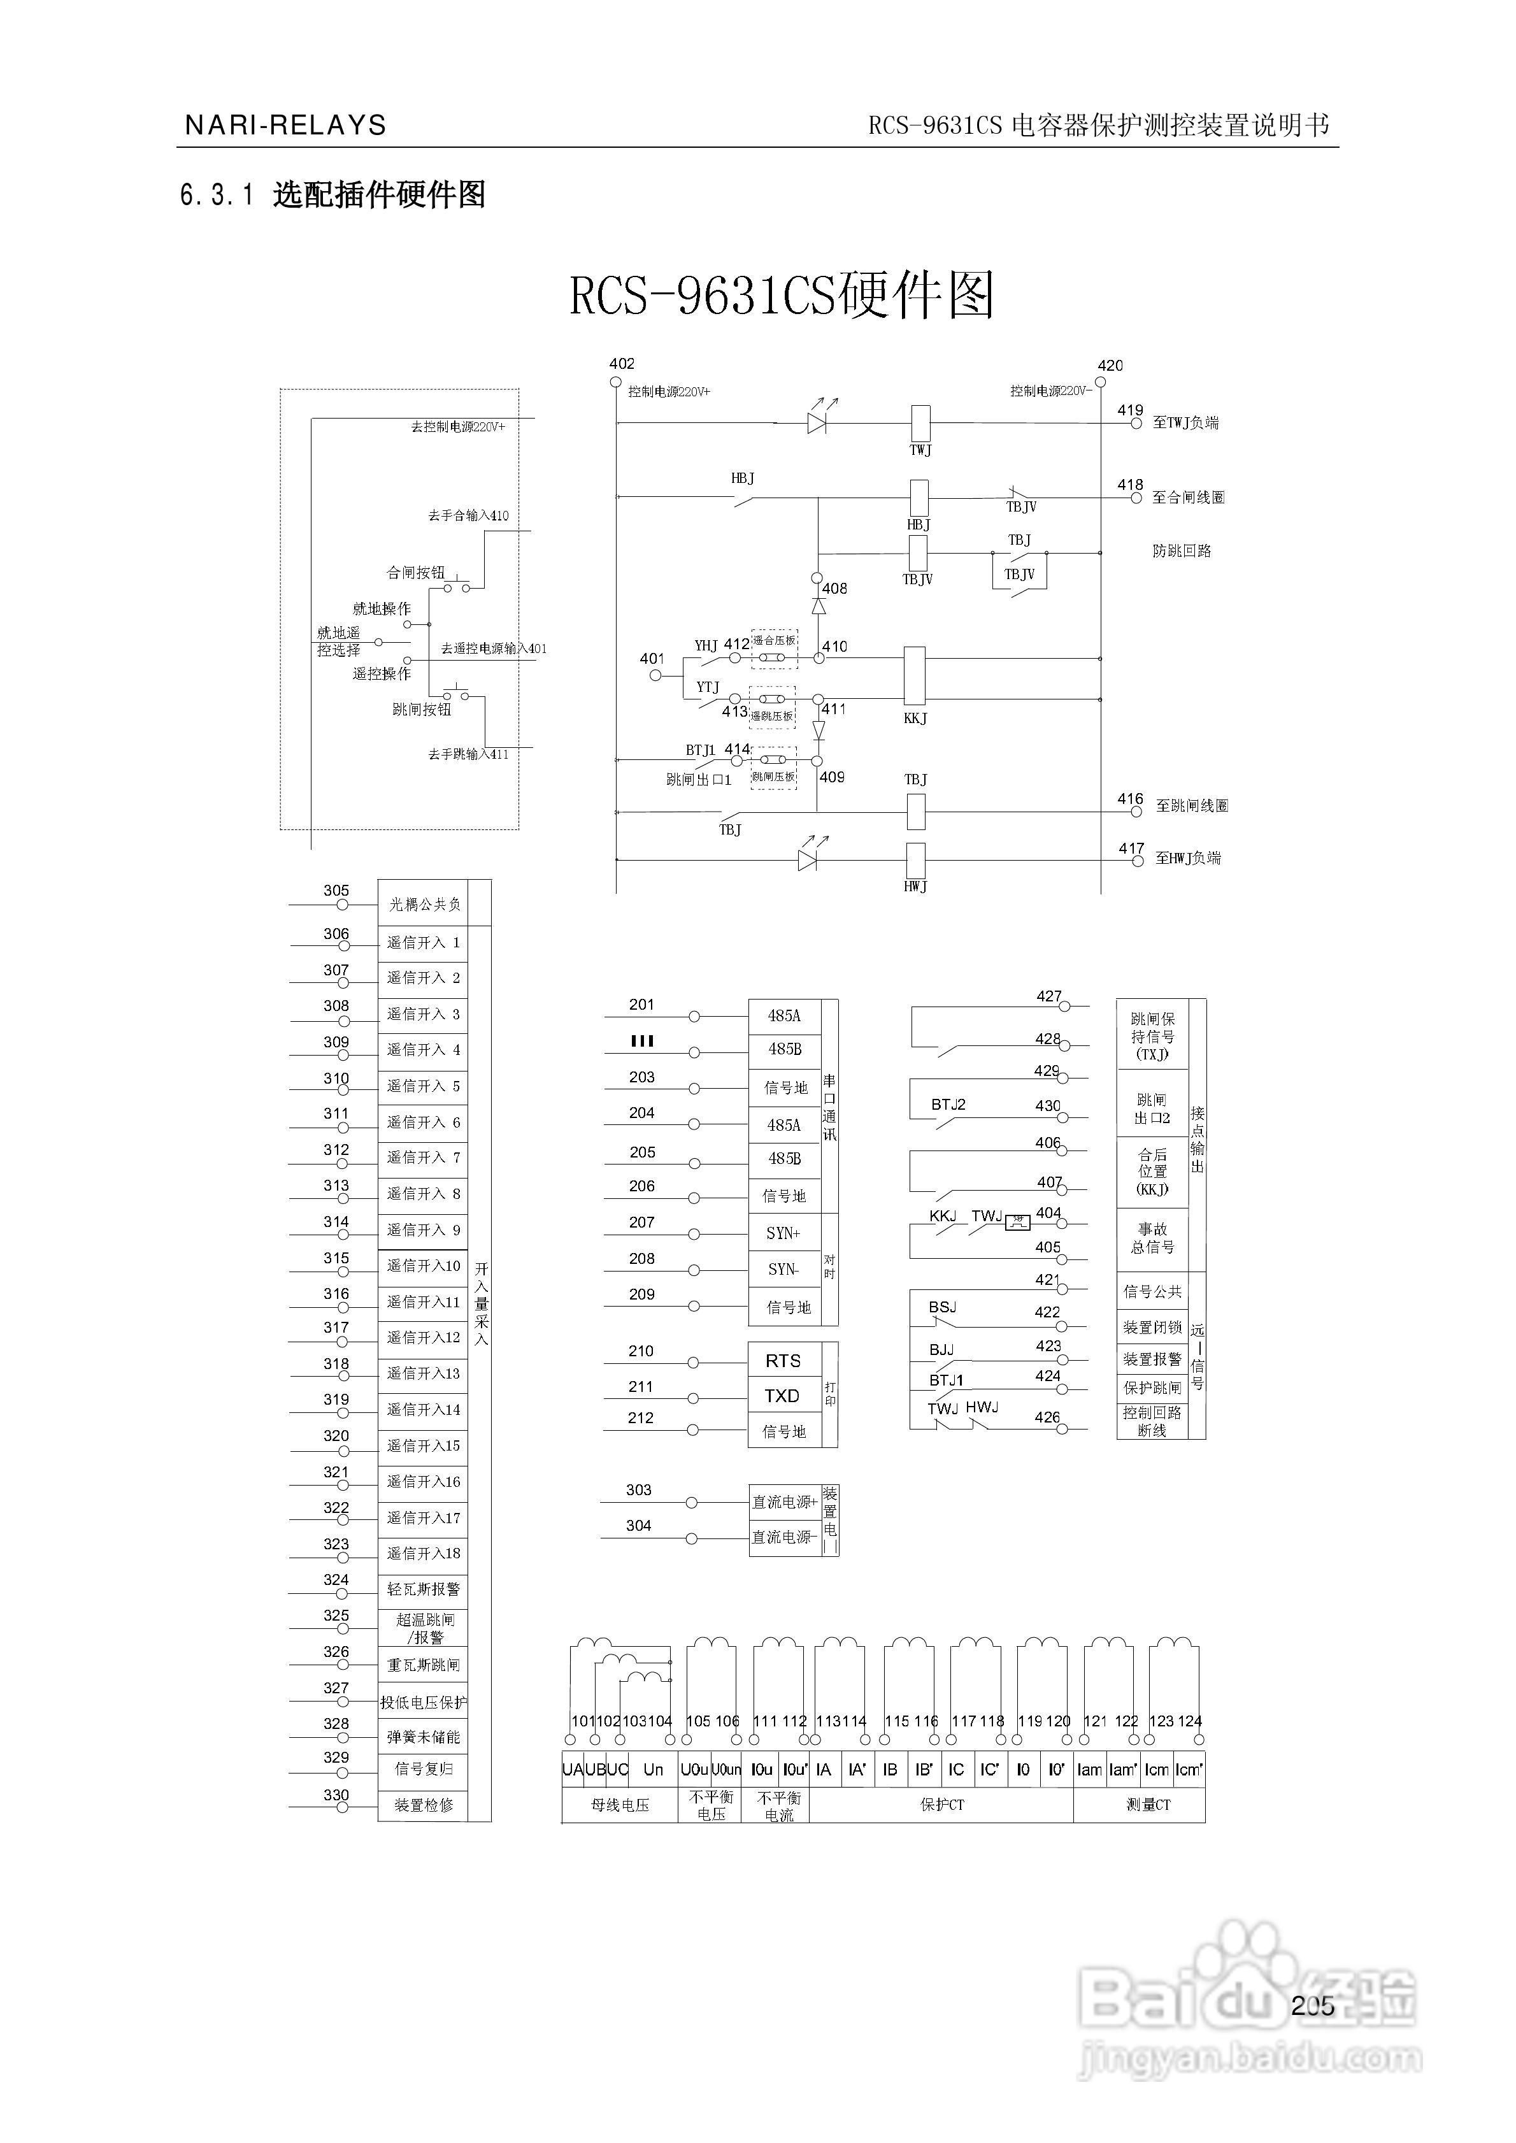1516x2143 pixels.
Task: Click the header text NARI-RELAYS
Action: (x=285, y=125)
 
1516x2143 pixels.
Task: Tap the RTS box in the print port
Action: (x=783, y=1361)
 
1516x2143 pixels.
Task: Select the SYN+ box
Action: (x=783, y=1233)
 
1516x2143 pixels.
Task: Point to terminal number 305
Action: (x=336, y=891)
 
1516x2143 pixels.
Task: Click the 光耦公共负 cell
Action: (x=424, y=903)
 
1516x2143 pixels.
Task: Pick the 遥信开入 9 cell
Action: (x=423, y=1229)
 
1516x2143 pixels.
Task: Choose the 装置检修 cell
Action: (x=423, y=1805)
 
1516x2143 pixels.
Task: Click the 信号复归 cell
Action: (x=423, y=1768)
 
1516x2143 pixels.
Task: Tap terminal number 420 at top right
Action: (x=1110, y=365)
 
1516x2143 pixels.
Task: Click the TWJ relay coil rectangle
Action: (x=920, y=424)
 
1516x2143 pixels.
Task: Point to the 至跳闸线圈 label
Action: (x=1192, y=805)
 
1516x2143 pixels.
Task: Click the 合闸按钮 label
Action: (x=415, y=572)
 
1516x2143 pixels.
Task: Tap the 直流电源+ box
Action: (x=785, y=1502)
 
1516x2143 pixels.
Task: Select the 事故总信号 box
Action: (x=1153, y=1238)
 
